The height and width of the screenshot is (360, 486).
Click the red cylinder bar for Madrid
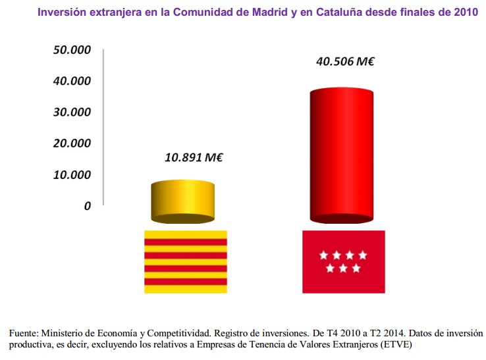[x=342, y=155]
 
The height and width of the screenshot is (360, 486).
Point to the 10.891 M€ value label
[x=194, y=157]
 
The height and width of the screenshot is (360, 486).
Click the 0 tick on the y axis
[x=87, y=206]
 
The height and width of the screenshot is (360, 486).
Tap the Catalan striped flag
[x=186, y=261]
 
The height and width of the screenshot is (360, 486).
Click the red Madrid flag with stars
[x=343, y=261]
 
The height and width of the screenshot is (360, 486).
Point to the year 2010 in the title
[x=466, y=12]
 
